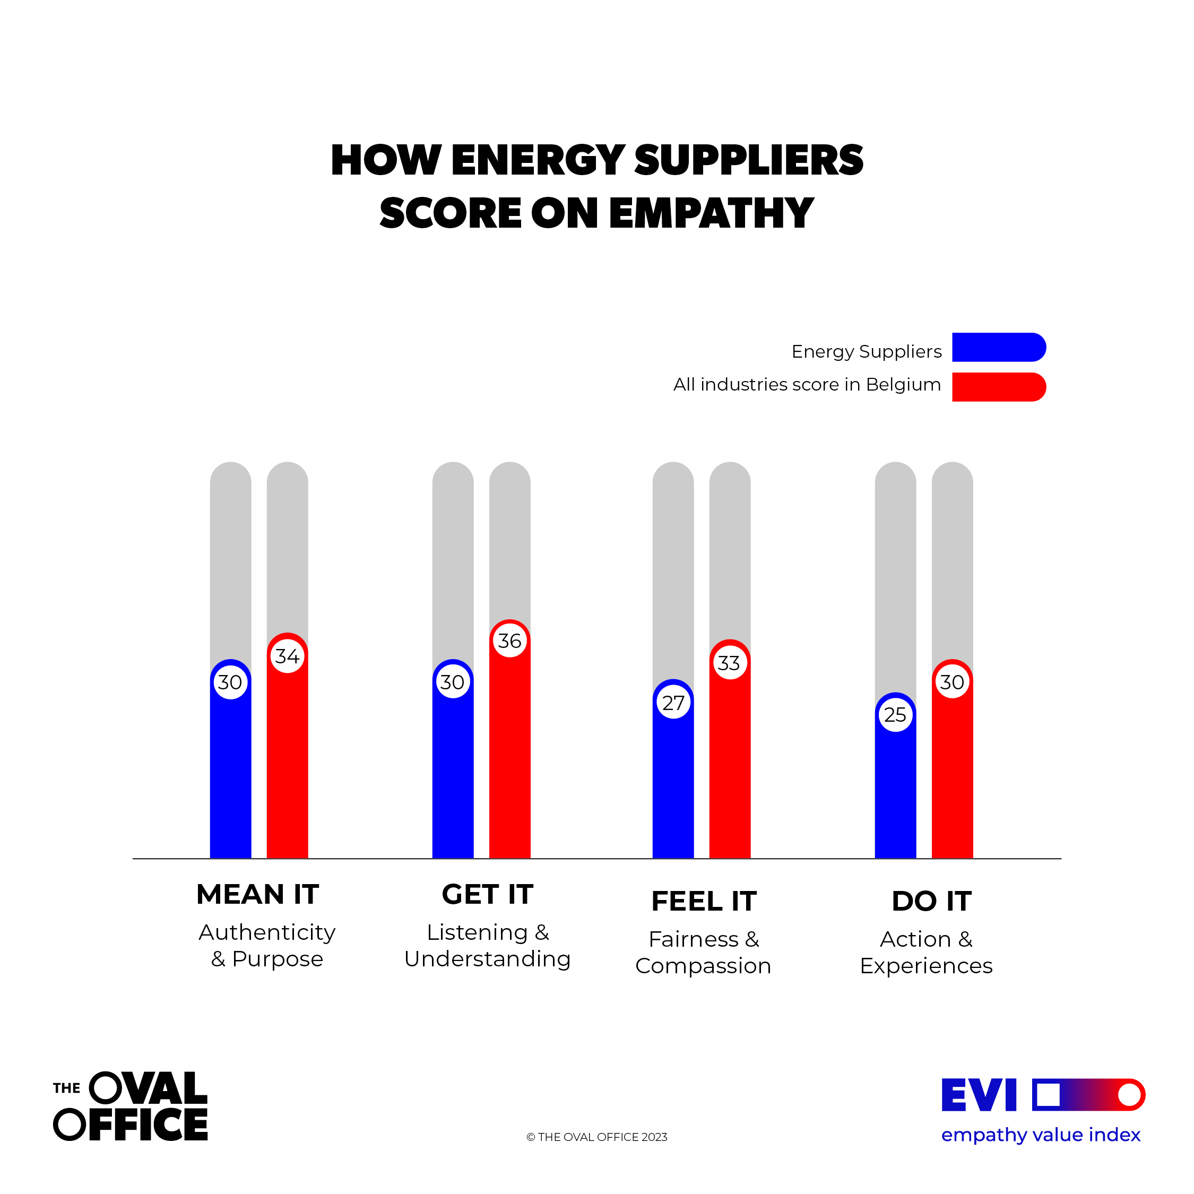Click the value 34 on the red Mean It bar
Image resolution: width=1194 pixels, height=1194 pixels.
point(288,656)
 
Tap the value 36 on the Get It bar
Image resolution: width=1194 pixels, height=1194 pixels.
point(510,641)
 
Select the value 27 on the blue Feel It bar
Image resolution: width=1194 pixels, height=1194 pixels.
point(673,703)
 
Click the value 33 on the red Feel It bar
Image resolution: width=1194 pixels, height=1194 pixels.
point(729,663)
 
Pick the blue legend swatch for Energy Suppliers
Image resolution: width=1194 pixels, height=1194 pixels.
point(998,348)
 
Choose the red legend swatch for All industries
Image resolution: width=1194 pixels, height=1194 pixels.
point(998,387)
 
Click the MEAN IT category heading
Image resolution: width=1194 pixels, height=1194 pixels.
point(258,894)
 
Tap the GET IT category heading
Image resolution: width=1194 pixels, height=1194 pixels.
point(488,894)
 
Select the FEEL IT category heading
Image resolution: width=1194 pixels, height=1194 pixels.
point(704,901)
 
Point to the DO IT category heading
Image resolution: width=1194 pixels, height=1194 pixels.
point(931,901)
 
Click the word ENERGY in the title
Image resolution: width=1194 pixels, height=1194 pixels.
point(538,160)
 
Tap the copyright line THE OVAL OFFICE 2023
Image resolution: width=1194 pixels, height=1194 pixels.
point(597,1137)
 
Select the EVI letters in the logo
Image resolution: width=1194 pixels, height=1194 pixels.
point(979,1095)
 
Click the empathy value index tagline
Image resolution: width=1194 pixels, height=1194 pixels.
point(1041,1135)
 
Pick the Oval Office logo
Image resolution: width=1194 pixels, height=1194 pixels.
point(131,1107)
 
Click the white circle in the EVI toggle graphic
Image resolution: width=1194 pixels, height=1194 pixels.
point(1129,1095)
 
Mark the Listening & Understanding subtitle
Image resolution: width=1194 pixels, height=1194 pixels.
point(488,946)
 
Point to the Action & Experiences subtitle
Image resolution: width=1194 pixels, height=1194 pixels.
point(926,953)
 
